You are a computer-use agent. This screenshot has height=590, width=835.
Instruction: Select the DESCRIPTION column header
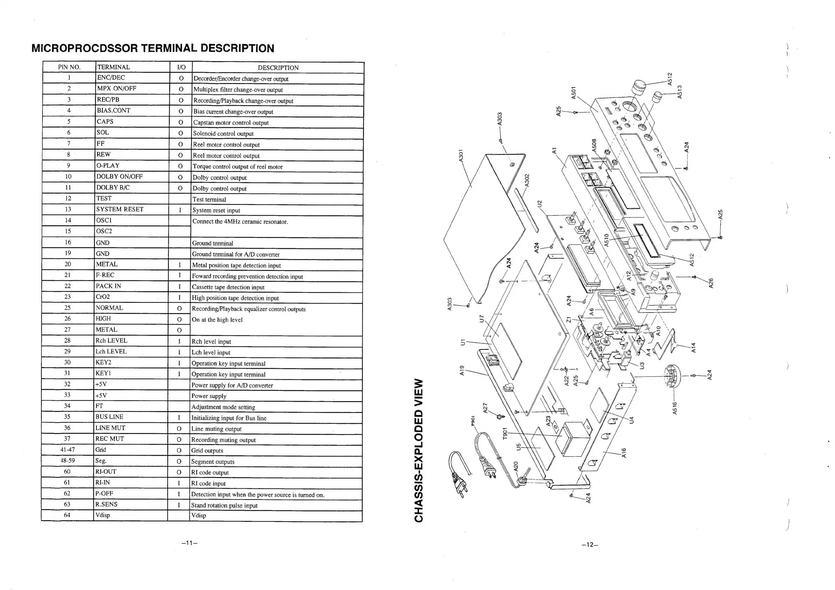coord(278,68)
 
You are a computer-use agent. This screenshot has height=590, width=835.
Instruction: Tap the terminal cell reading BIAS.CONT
coord(114,110)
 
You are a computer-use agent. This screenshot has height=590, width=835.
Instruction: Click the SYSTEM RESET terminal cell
coord(120,209)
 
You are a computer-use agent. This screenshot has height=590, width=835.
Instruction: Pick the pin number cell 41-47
coord(68,450)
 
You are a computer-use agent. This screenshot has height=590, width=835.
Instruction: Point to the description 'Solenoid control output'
coord(223,134)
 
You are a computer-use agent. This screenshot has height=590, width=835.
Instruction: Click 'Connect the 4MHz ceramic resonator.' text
coord(240,222)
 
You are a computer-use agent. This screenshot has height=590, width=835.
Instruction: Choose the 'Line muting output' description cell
coord(216,429)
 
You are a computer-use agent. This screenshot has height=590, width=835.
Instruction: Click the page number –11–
coord(189,543)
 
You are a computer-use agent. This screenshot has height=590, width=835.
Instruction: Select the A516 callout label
coord(675,408)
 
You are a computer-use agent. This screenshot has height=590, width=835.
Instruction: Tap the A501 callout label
coord(573,92)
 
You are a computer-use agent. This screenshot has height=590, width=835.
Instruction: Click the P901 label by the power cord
coord(473,421)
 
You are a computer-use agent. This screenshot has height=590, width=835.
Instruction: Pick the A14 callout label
coord(693,347)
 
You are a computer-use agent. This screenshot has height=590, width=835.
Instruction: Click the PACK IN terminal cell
coord(108,286)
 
